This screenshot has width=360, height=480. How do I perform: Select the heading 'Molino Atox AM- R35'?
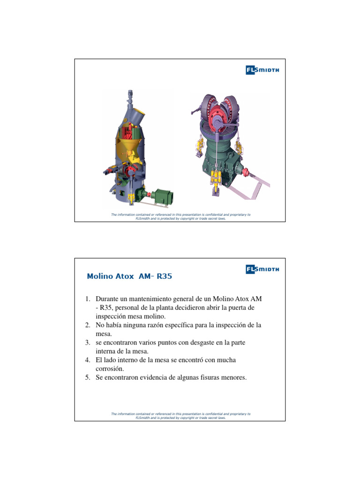[x=130, y=277]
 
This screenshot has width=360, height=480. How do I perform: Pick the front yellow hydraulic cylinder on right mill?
[x=217, y=177]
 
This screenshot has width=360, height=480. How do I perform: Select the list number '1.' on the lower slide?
[x=88, y=299]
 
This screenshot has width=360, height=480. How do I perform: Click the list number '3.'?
[x=88, y=343]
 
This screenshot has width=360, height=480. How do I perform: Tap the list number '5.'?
[x=88, y=377]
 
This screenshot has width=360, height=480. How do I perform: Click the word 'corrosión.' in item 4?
[x=108, y=368]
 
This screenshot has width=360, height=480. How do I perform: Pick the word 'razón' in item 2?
[x=162, y=325]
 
